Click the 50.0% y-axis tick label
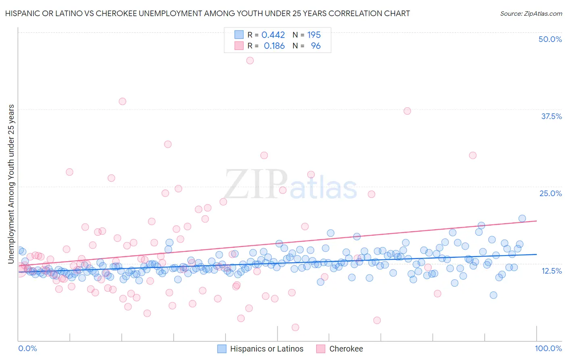pos(550,39)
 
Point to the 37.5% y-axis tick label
pos(551,116)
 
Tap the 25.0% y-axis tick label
pos(550,193)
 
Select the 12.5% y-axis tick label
pos(551,270)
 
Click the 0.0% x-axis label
pos(27,348)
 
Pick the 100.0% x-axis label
pos(548,348)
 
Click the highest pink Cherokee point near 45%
pos(250,61)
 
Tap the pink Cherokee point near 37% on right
pos(407,111)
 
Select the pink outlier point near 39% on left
pos(122,101)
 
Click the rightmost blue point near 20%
pos(522,218)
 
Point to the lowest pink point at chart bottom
pos(295,327)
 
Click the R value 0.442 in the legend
pos(273,35)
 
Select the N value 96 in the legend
pos(316,46)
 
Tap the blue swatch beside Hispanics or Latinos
pos(222,349)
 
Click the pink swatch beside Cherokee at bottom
pos(321,349)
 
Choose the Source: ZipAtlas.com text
pos(531,13)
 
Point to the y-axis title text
pos(11,184)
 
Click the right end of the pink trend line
pos(536,221)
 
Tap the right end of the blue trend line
pos(536,254)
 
